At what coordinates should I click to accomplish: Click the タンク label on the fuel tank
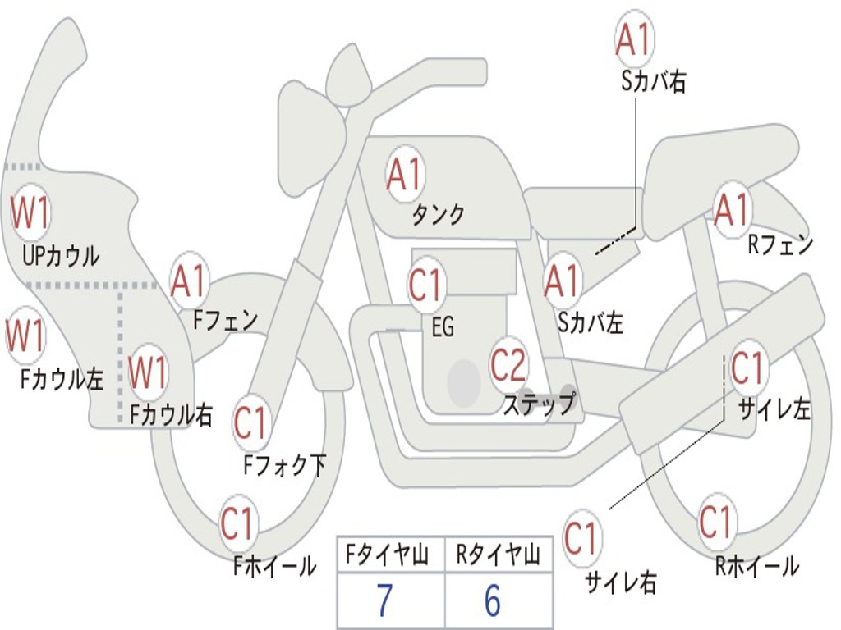438,214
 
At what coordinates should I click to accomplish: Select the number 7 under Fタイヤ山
384,600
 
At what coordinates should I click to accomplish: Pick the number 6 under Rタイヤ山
492,600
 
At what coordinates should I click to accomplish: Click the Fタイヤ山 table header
387,555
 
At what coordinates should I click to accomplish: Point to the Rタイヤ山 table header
498,555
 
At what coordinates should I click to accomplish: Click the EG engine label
443,326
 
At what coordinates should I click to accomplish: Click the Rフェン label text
780,244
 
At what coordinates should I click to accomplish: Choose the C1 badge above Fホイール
236,523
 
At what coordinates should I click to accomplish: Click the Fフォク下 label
284,465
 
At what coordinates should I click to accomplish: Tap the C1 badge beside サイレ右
580,537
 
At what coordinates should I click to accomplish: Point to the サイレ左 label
774,409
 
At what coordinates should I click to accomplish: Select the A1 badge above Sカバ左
563,281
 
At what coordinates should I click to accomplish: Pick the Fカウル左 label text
62,379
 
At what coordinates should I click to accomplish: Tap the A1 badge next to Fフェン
188,281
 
